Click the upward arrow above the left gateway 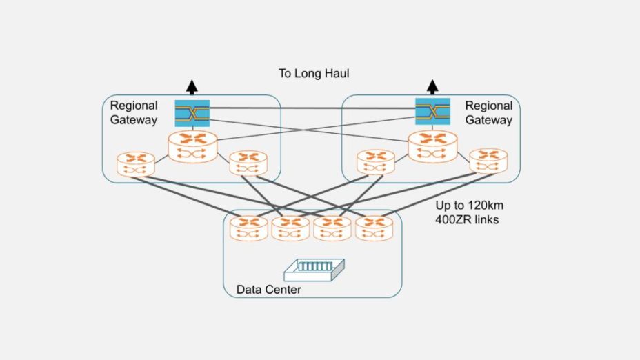click(x=192, y=87)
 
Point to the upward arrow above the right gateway click(x=432, y=87)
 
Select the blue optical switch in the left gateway click(x=192, y=112)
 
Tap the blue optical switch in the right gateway click(x=432, y=112)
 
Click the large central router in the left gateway click(x=192, y=144)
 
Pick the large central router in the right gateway click(x=433, y=144)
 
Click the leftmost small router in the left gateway click(x=136, y=164)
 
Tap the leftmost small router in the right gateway click(x=376, y=162)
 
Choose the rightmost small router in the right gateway click(x=488, y=161)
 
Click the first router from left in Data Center click(x=249, y=228)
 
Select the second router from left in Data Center click(x=290, y=228)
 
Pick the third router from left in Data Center click(x=332, y=228)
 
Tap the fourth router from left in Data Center click(x=374, y=228)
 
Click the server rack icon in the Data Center click(x=314, y=269)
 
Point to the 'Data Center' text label click(x=268, y=290)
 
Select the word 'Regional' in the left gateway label click(x=134, y=106)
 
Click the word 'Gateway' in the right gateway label click(x=489, y=120)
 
